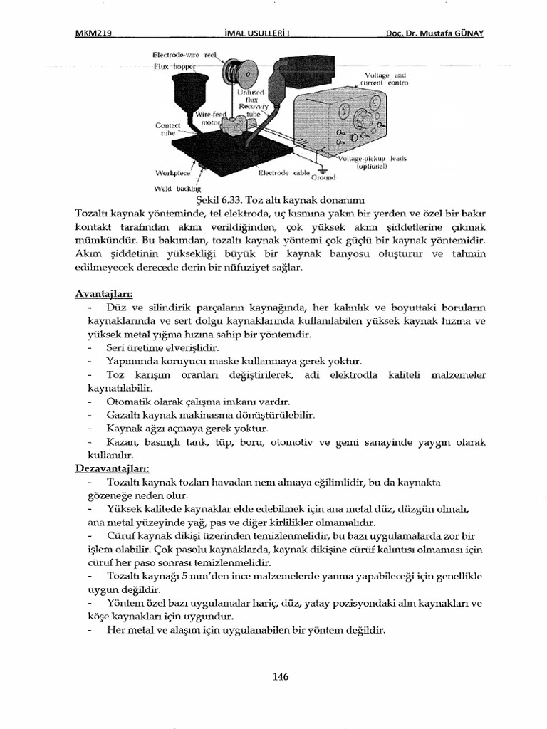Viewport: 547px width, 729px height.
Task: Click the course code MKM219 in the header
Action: (x=95, y=33)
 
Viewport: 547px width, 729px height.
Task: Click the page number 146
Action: (x=281, y=676)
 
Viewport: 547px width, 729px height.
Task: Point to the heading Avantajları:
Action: (x=104, y=293)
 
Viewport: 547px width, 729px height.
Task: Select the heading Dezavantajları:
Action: (x=112, y=468)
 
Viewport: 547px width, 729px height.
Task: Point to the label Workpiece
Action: (x=172, y=173)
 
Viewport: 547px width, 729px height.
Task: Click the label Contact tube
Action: (x=168, y=127)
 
